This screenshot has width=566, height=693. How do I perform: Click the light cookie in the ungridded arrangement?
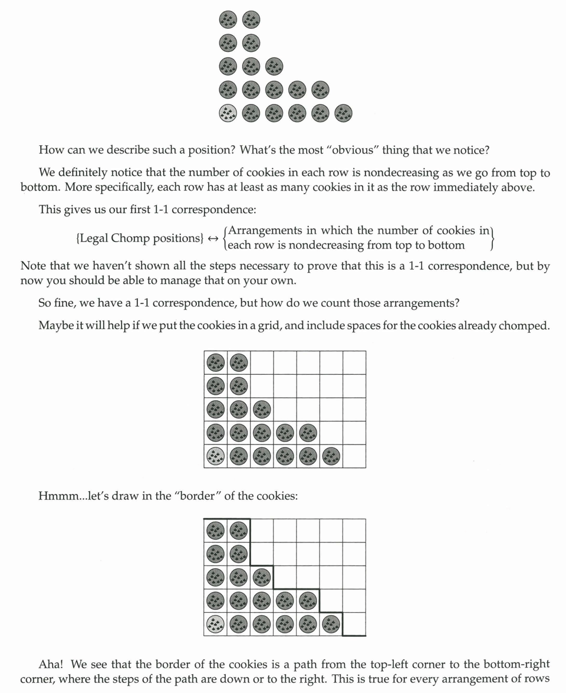coord(228,113)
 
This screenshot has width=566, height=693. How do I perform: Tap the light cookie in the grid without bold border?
coord(216,456)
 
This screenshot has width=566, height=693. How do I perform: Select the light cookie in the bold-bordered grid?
coord(216,624)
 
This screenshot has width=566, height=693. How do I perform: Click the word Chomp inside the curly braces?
coord(134,238)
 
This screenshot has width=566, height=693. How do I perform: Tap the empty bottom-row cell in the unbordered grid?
coord(354,456)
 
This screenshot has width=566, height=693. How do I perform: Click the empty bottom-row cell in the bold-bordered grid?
coord(354,624)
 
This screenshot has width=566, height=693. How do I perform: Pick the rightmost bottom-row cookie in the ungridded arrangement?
coord(343,113)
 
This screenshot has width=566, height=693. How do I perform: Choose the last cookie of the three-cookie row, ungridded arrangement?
coord(274,66)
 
